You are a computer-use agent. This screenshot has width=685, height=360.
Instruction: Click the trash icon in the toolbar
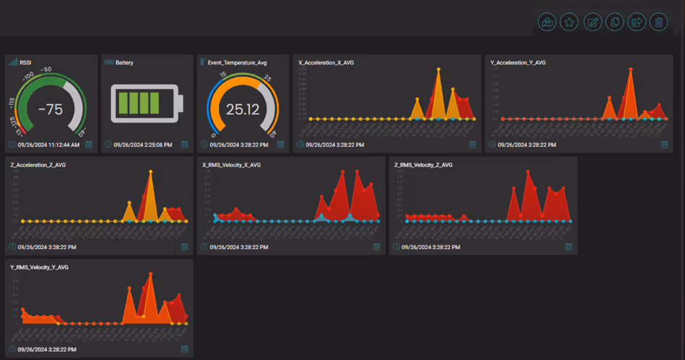tap(658, 22)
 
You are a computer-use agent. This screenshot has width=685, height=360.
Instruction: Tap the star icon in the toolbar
tap(569, 22)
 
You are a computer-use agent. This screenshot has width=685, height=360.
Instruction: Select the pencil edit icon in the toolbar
tap(592, 22)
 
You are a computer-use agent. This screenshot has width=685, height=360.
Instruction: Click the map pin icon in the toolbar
tap(547, 22)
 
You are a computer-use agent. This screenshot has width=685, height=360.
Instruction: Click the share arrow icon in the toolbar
tap(636, 22)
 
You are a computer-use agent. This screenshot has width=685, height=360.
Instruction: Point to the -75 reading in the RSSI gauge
tap(50, 109)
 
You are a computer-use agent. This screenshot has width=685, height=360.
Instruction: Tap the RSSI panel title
tap(25, 63)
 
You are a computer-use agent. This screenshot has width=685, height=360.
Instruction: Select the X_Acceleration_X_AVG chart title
tap(326, 63)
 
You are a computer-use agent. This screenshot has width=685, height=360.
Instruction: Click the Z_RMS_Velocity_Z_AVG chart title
tap(423, 165)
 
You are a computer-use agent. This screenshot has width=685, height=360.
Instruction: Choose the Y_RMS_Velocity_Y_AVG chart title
tap(39, 267)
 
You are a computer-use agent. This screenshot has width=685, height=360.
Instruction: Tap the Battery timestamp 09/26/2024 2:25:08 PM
tap(143, 145)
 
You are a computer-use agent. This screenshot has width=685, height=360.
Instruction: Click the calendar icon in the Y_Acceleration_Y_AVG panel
tap(664, 145)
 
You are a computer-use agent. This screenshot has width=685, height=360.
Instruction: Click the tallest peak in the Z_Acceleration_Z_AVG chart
tap(151, 172)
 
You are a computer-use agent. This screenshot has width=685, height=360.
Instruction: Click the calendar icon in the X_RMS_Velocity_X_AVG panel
tap(376, 247)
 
